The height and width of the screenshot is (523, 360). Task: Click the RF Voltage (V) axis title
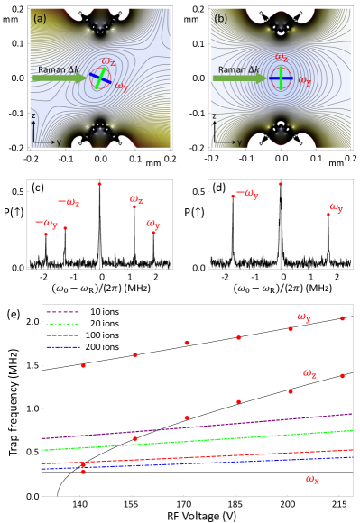pyautogui.click(x=197, y=518)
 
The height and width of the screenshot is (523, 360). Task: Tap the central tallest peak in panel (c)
pyautogui.click(x=99, y=186)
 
